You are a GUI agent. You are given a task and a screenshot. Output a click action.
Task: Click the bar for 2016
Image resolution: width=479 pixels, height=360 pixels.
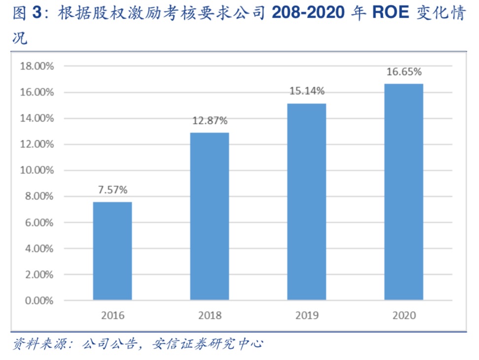[112, 251]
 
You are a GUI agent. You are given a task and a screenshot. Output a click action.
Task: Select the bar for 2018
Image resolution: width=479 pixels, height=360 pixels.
[209, 216]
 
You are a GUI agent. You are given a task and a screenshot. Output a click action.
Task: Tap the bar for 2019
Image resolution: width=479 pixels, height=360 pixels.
[307, 201]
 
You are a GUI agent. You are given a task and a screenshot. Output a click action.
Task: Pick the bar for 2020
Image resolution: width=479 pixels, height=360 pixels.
[404, 191]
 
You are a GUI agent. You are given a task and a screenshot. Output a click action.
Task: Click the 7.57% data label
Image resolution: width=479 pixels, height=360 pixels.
[112, 189]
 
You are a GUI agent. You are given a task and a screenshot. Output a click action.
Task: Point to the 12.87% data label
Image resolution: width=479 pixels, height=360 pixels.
[209, 120]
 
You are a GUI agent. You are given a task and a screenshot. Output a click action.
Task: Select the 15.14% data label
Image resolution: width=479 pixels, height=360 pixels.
[307, 91]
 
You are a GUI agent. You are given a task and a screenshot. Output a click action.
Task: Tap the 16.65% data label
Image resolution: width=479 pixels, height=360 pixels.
[404, 72]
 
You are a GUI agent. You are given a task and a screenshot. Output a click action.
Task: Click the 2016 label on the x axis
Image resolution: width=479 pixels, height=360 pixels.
[113, 315]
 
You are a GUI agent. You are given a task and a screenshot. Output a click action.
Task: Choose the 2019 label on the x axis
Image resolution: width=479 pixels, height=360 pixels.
[307, 315]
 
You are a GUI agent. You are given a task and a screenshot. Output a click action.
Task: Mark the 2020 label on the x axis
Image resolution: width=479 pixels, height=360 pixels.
[404, 315]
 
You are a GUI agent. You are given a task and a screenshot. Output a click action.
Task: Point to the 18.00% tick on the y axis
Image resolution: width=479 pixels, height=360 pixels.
[36, 66]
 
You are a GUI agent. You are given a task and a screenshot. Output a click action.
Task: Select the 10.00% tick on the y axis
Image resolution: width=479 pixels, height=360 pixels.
[36, 170]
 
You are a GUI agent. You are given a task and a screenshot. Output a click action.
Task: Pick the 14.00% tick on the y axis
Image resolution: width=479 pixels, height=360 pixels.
[36, 118]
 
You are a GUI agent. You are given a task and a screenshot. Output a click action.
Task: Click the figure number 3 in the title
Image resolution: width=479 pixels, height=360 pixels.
[36, 13]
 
